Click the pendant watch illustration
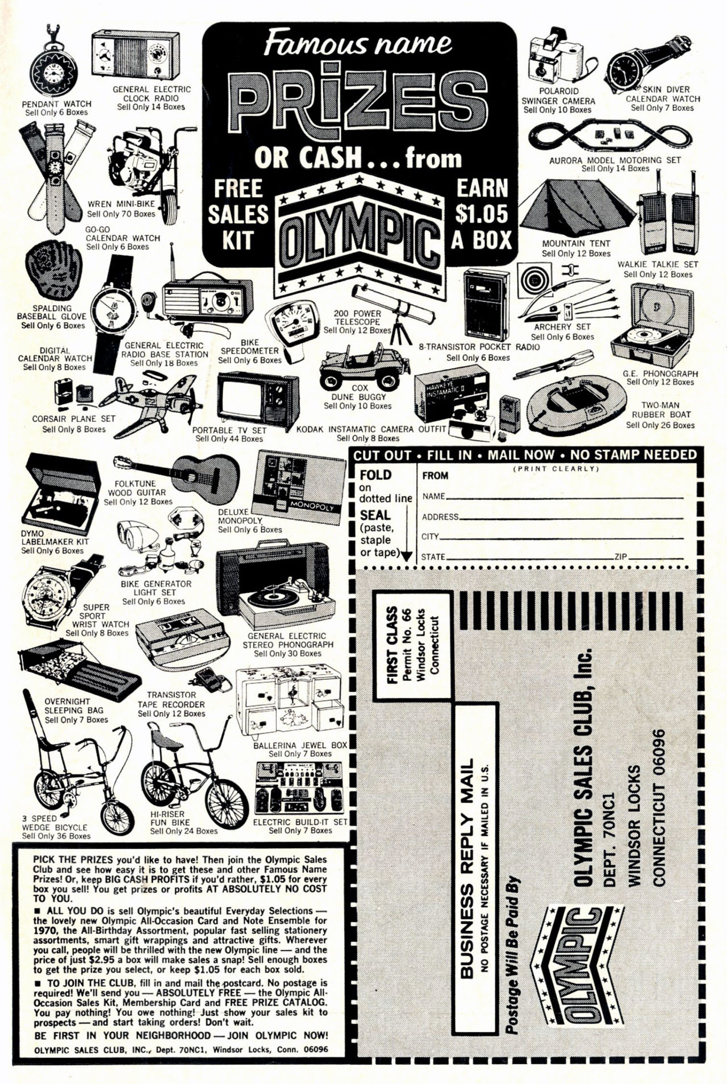coord(55,70)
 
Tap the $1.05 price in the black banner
coord(481,213)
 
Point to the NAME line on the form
coord(562,496)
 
